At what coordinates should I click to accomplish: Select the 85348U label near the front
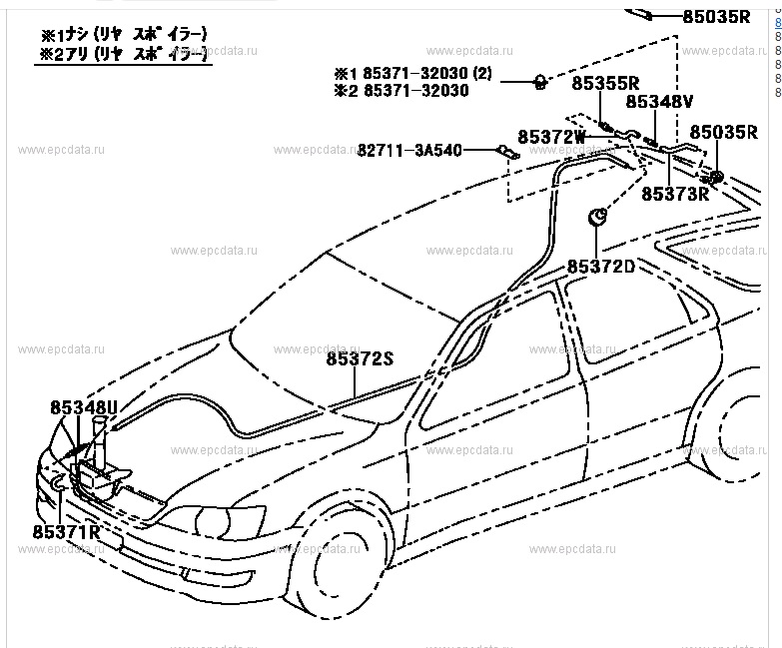pyautogui.click(x=84, y=407)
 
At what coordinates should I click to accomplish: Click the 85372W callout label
pyautogui.click(x=551, y=135)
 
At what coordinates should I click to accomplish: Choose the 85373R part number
pyautogui.click(x=674, y=194)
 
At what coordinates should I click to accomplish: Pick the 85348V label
pyautogui.click(x=659, y=102)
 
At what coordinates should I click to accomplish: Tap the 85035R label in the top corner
pyautogui.click(x=716, y=16)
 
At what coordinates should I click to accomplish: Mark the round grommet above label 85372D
pyautogui.click(x=597, y=217)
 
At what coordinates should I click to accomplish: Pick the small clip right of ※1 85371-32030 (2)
pyautogui.click(x=538, y=81)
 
